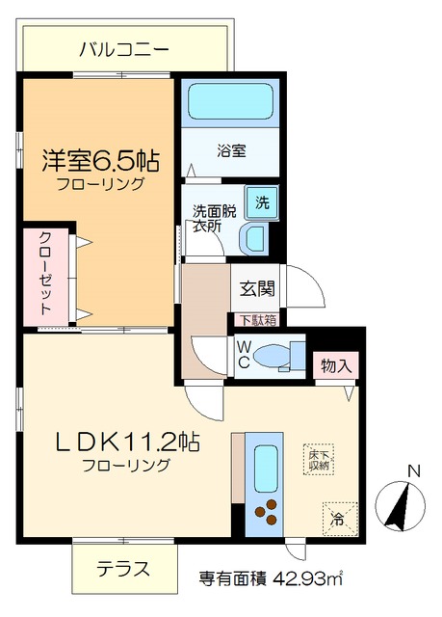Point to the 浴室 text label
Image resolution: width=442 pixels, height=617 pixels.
tap(231, 150)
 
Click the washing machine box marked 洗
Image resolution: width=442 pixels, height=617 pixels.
tap(260, 202)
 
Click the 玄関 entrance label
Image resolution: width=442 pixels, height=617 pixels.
tap(255, 287)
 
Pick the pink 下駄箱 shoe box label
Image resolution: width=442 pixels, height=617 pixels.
tap(256, 320)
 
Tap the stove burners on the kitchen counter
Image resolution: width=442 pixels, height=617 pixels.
tap(263, 514)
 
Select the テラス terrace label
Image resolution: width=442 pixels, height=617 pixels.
tap(122, 569)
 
